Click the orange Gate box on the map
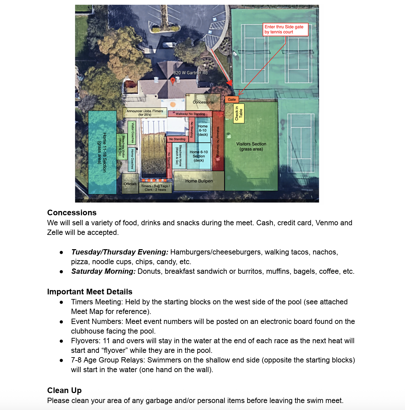[x=232, y=99]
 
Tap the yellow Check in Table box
[x=239, y=113]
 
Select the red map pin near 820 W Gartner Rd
[x=173, y=81]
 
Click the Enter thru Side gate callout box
[x=285, y=29]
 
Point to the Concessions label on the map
[x=203, y=102]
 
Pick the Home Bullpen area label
[x=199, y=181]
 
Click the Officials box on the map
[x=130, y=184]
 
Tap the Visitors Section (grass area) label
[x=251, y=147]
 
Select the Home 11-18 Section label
[x=102, y=153]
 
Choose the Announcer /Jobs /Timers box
[x=145, y=113]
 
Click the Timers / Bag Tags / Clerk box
[x=155, y=188]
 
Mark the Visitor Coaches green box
[x=132, y=133]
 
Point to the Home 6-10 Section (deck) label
[x=199, y=156]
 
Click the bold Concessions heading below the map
[x=72, y=213]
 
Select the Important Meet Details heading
[x=90, y=292]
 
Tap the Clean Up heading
[x=64, y=390]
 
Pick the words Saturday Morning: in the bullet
[x=103, y=271]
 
